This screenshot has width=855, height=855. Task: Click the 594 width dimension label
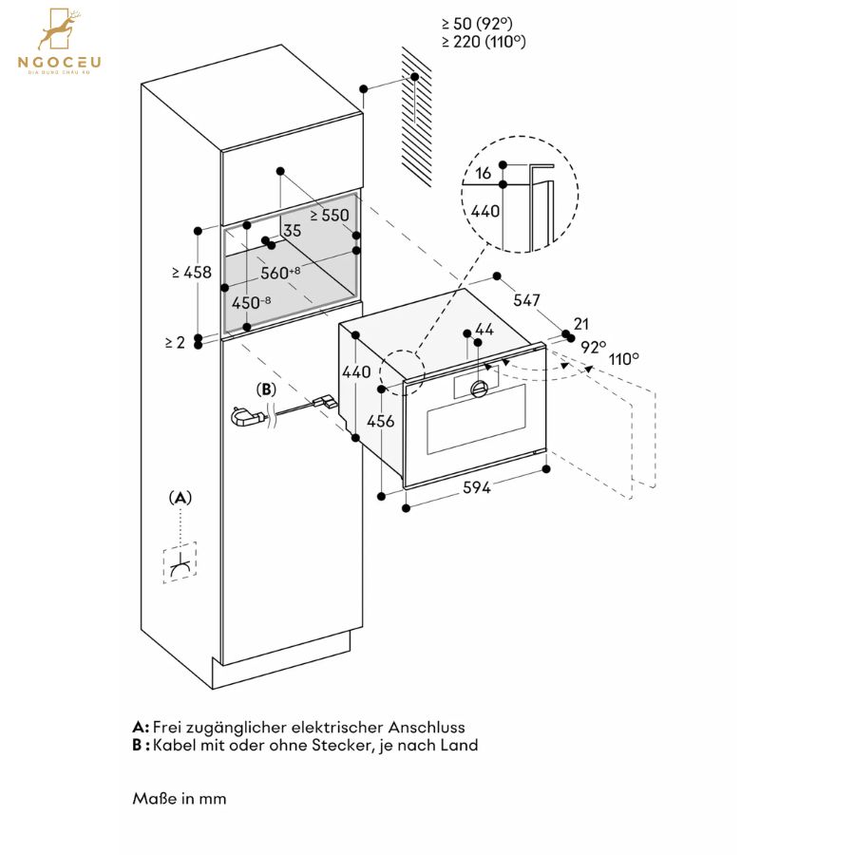click(x=477, y=487)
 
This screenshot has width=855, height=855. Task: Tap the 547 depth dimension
click(x=526, y=300)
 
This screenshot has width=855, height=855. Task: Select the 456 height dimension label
click(x=380, y=421)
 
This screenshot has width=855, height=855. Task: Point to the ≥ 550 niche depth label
click(x=330, y=216)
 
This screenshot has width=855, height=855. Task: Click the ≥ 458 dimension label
click(x=191, y=272)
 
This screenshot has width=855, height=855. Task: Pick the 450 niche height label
click(x=251, y=302)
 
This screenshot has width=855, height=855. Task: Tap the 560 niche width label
click(x=280, y=272)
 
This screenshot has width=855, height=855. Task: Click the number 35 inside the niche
click(x=293, y=231)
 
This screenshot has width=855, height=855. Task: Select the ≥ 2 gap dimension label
click(x=175, y=342)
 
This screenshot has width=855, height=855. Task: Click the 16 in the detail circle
click(x=484, y=174)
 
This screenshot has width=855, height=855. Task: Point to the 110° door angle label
click(x=624, y=359)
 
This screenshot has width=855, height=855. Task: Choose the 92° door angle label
click(x=593, y=347)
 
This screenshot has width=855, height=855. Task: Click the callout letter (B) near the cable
click(x=266, y=389)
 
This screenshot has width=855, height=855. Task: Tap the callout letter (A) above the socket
click(x=180, y=497)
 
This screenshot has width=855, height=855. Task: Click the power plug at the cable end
click(x=248, y=417)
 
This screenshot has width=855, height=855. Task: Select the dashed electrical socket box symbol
click(x=180, y=562)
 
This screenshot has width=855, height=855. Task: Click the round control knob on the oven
click(x=479, y=389)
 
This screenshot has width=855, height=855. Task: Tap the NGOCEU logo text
click(x=60, y=62)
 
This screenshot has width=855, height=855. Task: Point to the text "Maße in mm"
click(x=179, y=798)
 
